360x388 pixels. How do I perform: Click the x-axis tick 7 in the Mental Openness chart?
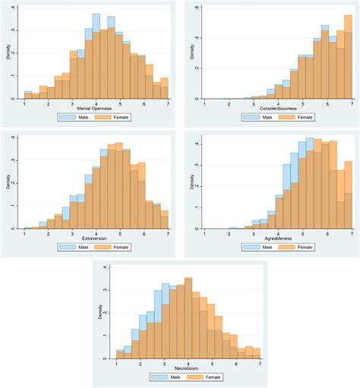pos(166,103)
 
